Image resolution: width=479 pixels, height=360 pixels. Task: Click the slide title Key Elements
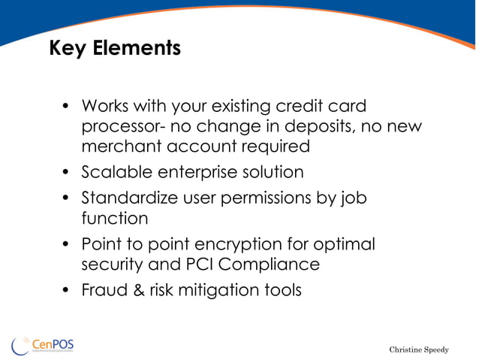pos(115,49)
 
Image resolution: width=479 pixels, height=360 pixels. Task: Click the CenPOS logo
pos(43,345)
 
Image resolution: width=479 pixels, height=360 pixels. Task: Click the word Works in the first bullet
pos(104,106)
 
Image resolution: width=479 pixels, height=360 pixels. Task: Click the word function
pos(114,219)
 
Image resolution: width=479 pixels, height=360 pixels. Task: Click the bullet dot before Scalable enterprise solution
pos(66,173)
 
